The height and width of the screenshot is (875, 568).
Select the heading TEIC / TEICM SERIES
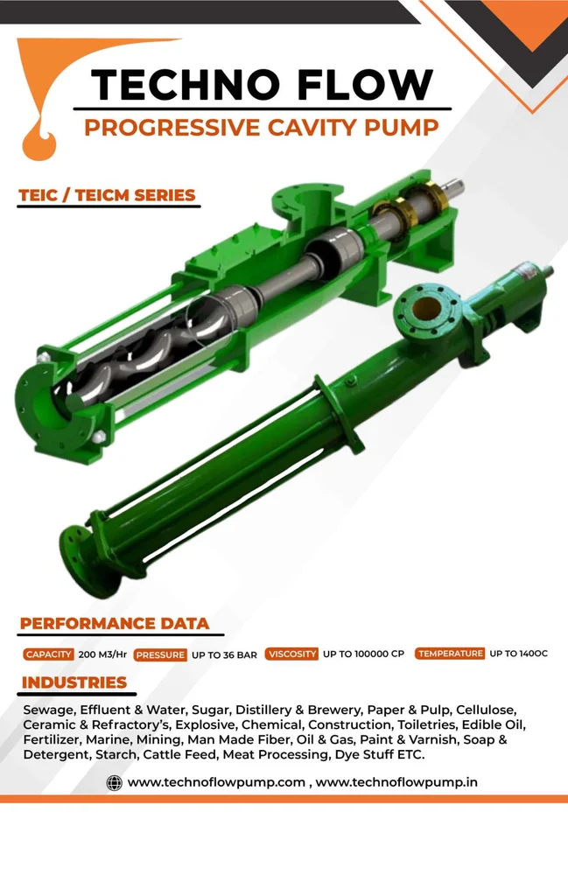(107, 195)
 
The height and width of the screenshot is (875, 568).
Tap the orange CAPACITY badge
(48, 654)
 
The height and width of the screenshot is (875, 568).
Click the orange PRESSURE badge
(161, 654)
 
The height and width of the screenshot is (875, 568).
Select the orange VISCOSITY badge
(291, 654)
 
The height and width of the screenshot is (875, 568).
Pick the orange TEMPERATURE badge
(450, 653)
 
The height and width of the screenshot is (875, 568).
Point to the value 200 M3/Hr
(102, 654)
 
